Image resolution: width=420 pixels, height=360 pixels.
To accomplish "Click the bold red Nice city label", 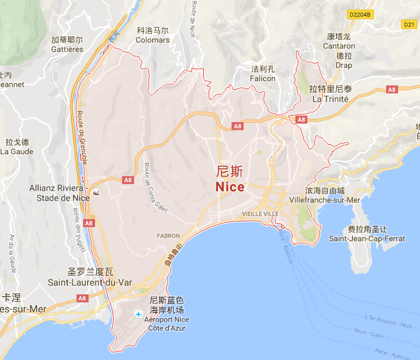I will coord(230,187).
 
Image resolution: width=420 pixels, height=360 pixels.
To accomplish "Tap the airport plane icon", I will coord(138,313).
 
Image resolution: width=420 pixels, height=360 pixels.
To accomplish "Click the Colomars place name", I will coord(152,39).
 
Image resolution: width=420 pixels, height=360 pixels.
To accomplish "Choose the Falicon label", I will coord(262,78).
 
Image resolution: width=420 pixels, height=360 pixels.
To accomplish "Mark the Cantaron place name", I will coord(339,46).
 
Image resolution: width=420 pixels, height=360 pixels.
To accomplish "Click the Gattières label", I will coord(67,49).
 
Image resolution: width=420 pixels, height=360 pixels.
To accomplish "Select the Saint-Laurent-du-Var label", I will coord(90,282).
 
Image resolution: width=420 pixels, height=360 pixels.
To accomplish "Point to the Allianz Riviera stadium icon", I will coord(97,193).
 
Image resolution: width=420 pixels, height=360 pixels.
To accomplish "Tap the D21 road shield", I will coord(409,25).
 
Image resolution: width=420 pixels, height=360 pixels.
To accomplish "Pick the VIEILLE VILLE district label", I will coord(261,214).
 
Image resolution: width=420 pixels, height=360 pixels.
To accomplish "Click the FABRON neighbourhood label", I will coord(168,235).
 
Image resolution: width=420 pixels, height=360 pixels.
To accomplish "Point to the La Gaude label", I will coord(17,151).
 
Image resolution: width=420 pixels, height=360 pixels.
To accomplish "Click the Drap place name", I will coord(344,65).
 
